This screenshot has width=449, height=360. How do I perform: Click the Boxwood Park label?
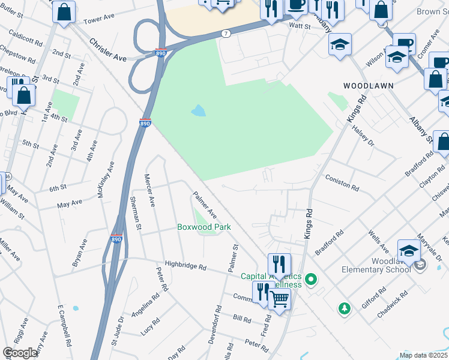[203, 227]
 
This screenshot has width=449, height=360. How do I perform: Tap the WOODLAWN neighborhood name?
[368, 86]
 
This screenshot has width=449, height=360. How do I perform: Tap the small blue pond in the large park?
[197, 111]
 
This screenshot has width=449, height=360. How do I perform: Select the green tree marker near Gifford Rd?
[344, 308]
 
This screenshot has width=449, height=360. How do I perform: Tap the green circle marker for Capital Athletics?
[311, 279]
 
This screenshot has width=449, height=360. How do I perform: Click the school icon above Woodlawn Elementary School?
[409, 250]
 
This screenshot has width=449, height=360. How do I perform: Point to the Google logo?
[20, 353]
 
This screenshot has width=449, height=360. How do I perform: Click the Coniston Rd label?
[342, 183]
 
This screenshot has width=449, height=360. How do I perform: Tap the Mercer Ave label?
[149, 190]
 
